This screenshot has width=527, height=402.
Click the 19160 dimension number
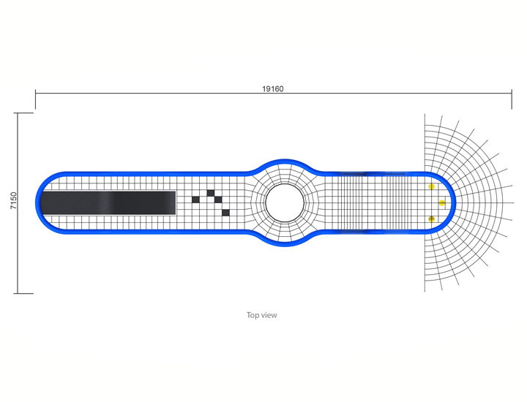point(272,88)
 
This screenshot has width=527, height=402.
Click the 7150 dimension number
point(13,201)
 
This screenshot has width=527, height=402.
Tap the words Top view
point(262,315)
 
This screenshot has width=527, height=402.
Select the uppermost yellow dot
point(432,186)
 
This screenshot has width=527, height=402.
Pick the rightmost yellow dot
point(442,202)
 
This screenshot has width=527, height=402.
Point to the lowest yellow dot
point(432,219)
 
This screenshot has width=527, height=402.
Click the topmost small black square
point(211,193)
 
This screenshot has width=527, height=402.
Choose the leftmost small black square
point(195,200)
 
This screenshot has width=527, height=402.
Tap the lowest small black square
point(226,213)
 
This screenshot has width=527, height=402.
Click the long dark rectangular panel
point(108,202)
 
